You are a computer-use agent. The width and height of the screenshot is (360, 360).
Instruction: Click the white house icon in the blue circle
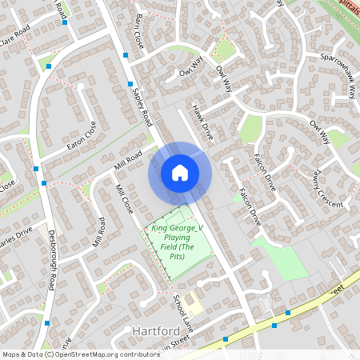(x=180, y=173)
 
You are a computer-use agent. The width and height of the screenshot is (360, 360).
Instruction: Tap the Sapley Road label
(x=142, y=106)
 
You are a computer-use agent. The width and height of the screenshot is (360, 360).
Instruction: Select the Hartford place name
(x=151, y=331)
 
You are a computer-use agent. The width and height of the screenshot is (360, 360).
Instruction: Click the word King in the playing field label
(x=160, y=229)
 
